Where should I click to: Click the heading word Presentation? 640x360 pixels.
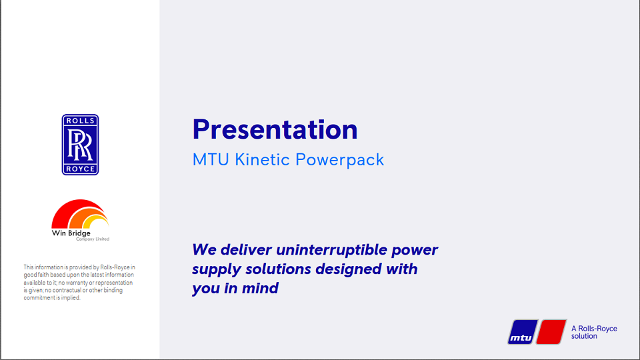point(275,129)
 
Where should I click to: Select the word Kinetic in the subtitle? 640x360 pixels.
point(263,160)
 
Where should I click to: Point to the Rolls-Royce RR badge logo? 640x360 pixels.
point(80,145)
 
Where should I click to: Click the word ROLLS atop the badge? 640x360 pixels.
point(80,121)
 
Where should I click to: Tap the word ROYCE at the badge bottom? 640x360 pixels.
point(80,169)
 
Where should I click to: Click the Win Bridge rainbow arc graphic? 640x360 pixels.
point(79,215)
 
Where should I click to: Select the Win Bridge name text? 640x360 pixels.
point(71,233)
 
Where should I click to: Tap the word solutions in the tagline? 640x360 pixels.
point(270,269)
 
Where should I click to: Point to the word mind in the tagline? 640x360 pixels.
point(262,289)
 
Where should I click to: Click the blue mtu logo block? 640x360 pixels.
point(521,332)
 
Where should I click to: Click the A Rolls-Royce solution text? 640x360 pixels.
point(594,332)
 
